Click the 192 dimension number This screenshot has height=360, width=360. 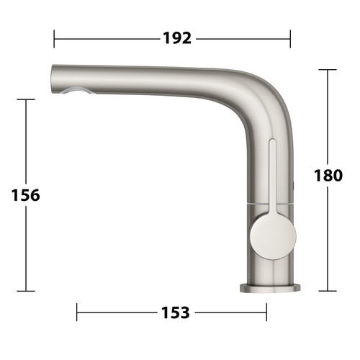(177, 38)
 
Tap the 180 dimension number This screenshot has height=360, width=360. (328, 175)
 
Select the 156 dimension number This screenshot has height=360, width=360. (25, 195)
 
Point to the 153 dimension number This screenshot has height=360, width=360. (176, 312)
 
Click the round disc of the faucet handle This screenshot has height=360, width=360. (273, 236)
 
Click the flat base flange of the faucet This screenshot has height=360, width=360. (270, 288)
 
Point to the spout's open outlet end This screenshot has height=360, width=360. (53, 78)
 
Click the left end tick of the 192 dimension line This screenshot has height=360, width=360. (54, 39)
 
